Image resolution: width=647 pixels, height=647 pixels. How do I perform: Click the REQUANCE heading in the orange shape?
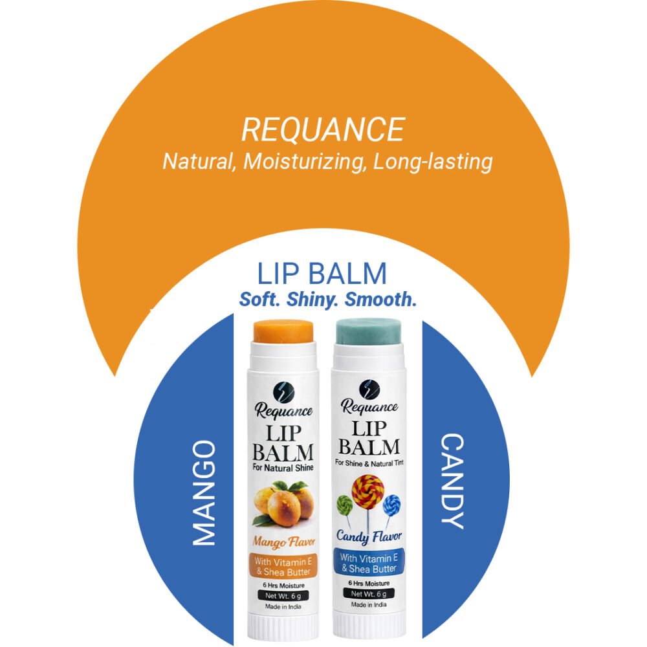[323, 129]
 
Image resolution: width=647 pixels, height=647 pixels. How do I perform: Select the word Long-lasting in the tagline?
[433, 161]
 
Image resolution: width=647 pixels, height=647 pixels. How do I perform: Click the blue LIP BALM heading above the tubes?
[322, 274]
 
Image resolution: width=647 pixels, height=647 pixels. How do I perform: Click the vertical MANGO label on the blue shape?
[204, 492]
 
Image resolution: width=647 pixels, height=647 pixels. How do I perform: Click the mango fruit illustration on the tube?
[283, 502]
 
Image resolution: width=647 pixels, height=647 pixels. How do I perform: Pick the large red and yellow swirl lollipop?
[367, 492]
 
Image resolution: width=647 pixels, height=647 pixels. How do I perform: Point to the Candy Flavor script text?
[369, 536]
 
